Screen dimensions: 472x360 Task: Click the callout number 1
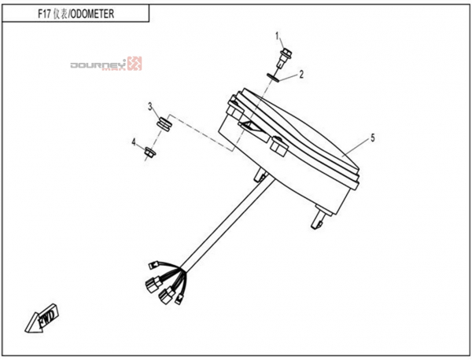point(277,36)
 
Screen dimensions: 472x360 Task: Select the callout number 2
point(301,74)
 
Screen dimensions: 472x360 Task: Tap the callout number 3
point(150,106)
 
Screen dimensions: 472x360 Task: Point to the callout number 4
point(134,142)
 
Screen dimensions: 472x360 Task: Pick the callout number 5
point(373,138)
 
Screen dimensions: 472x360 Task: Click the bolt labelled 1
point(284,58)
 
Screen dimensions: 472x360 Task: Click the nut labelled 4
point(149,152)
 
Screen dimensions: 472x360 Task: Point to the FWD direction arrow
point(42,318)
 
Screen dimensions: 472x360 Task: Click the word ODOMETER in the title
point(92,14)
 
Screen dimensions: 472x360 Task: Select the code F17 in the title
point(44,14)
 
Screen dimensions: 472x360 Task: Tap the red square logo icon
point(135,64)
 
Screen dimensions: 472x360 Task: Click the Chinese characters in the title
point(61,14)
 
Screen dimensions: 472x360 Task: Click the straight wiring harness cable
point(227,224)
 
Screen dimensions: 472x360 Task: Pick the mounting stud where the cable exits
point(260,175)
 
